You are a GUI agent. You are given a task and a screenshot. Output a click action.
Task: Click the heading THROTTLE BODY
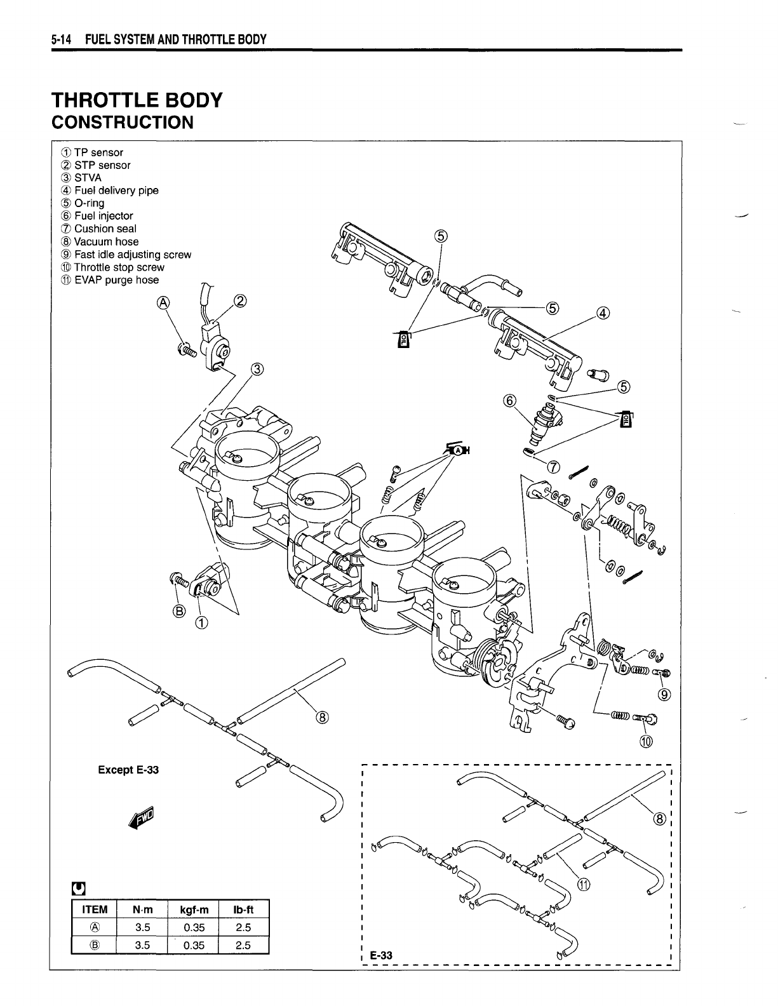(x=137, y=100)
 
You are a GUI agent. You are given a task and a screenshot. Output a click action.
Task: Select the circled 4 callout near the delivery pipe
(x=603, y=312)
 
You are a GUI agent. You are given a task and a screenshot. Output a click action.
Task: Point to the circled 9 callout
(x=665, y=694)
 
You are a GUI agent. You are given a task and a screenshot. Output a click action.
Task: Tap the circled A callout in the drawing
(x=163, y=304)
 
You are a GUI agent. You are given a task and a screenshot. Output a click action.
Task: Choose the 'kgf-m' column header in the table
(x=193, y=909)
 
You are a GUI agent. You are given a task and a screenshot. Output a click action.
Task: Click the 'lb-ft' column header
(x=243, y=909)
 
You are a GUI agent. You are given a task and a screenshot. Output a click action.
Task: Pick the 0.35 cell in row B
(x=193, y=945)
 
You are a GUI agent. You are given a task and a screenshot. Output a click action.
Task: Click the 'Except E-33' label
(x=128, y=770)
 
